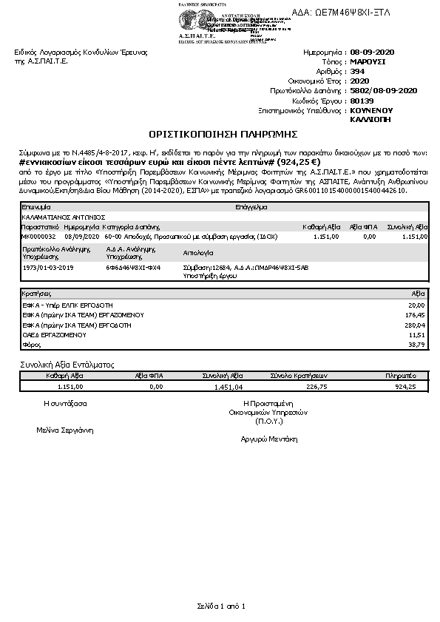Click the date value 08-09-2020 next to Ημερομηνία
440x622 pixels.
pos(375,53)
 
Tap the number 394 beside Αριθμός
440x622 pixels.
pos(356,72)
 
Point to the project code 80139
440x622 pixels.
pos(361,100)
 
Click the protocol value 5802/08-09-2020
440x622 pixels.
pos(384,90)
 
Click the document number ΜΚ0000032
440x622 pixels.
pos(39,236)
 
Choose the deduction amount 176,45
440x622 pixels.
pos(417,314)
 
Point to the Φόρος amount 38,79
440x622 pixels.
pos(417,345)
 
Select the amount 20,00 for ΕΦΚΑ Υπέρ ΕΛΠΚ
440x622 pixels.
pos(418,304)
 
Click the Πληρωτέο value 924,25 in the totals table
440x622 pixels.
pos(406,386)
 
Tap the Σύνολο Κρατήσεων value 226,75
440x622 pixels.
pos(316,386)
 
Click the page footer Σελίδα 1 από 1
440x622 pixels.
pos(220,606)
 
